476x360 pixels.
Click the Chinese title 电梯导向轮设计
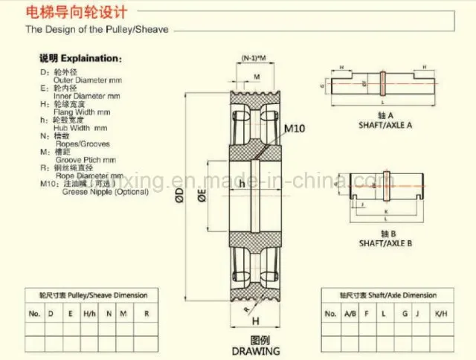pos(71,13)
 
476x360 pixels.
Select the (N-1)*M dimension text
pos(255,59)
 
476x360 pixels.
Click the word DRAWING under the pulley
pos(254,350)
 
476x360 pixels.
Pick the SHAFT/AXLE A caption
pos(385,125)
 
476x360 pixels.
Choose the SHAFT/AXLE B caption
pos(385,243)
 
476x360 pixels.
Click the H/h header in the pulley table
pos(89,313)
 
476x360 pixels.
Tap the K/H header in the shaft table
pos(440,313)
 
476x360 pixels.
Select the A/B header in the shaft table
pos(350,313)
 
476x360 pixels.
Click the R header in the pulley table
pos(147,313)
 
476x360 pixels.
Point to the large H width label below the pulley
pos(255,321)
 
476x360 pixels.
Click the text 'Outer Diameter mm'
pos(83,80)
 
